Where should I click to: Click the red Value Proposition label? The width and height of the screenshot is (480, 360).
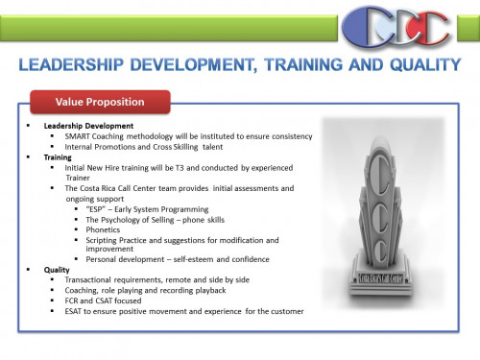click(x=100, y=102)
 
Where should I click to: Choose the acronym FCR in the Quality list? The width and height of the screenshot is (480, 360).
click(x=73, y=301)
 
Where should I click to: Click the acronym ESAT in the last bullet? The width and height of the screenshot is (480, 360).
click(x=76, y=312)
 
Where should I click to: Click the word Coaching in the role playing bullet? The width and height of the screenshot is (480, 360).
click(x=84, y=291)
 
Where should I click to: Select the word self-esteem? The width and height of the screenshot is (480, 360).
click(x=190, y=260)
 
